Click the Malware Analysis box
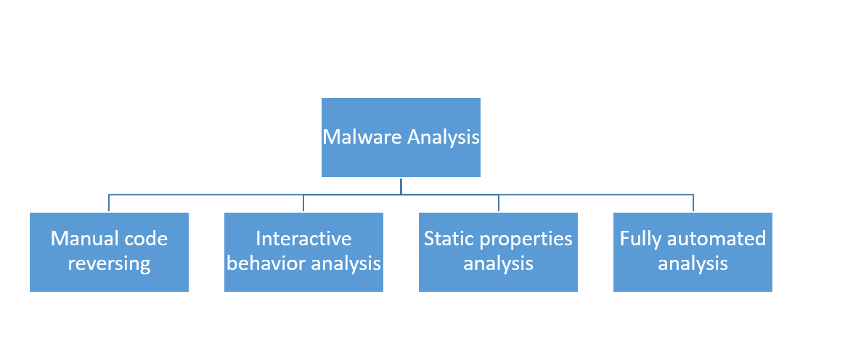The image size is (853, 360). tap(401, 138)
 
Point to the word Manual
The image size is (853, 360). tap(84, 239)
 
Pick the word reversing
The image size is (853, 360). tap(109, 263)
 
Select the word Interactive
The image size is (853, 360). tap(303, 239)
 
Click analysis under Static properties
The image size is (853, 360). tap(498, 263)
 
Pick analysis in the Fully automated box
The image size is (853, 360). tap(693, 263)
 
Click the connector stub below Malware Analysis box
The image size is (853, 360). tap(401, 185)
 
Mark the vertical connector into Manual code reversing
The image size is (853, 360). tap(109, 203)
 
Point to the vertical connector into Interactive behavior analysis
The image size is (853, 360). tap(303, 203)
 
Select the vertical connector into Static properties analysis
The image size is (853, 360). tap(498, 203)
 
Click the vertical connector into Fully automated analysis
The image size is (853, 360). tap(693, 203)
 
